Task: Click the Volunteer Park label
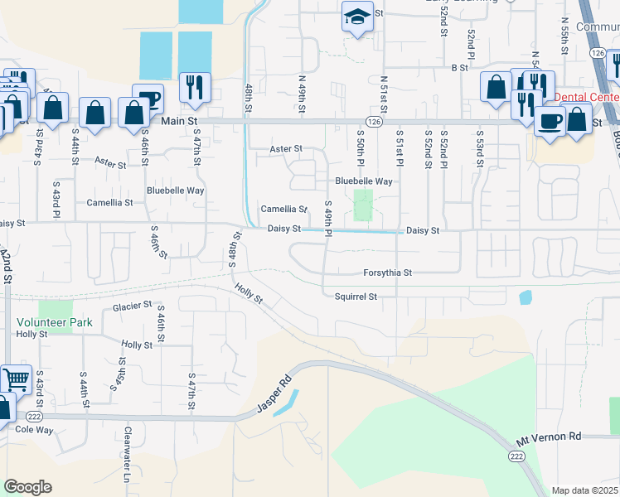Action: (53, 322)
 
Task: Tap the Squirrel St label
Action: (356, 296)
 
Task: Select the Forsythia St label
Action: (387, 272)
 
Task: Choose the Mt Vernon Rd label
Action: (549, 436)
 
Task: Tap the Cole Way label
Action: (34, 430)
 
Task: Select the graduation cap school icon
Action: (356, 17)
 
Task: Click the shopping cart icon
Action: (16, 379)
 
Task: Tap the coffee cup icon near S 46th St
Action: (148, 98)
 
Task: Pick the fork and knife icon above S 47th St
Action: (195, 87)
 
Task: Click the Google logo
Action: (27, 487)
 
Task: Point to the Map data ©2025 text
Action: (584, 490)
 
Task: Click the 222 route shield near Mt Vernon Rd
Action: (515, 456)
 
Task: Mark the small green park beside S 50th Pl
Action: (363, 205)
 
